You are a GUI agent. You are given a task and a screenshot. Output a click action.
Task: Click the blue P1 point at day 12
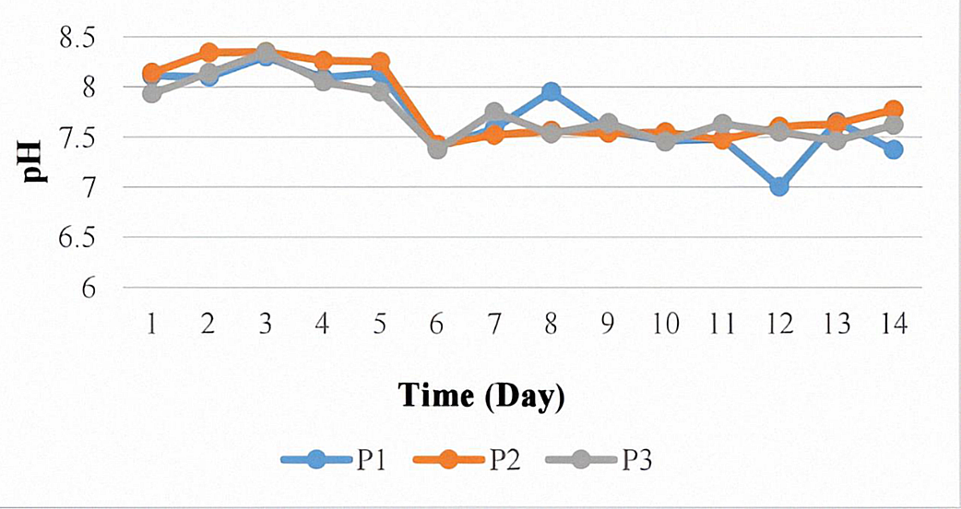point(779,186)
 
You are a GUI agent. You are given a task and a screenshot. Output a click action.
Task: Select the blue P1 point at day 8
point(552,91)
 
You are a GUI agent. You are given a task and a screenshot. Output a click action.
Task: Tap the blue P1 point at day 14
point(893,149)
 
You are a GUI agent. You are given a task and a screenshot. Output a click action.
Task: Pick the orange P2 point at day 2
point(209,53)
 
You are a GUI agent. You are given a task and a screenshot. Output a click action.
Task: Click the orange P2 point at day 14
point(893,110)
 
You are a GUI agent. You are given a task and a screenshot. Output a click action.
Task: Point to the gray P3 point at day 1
point(152,93)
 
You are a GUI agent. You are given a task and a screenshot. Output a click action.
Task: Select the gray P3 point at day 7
point(494,112)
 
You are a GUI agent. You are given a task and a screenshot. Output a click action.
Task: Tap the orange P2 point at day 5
point(380,62)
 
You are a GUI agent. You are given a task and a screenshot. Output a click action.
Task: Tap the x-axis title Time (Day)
point(480,397)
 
